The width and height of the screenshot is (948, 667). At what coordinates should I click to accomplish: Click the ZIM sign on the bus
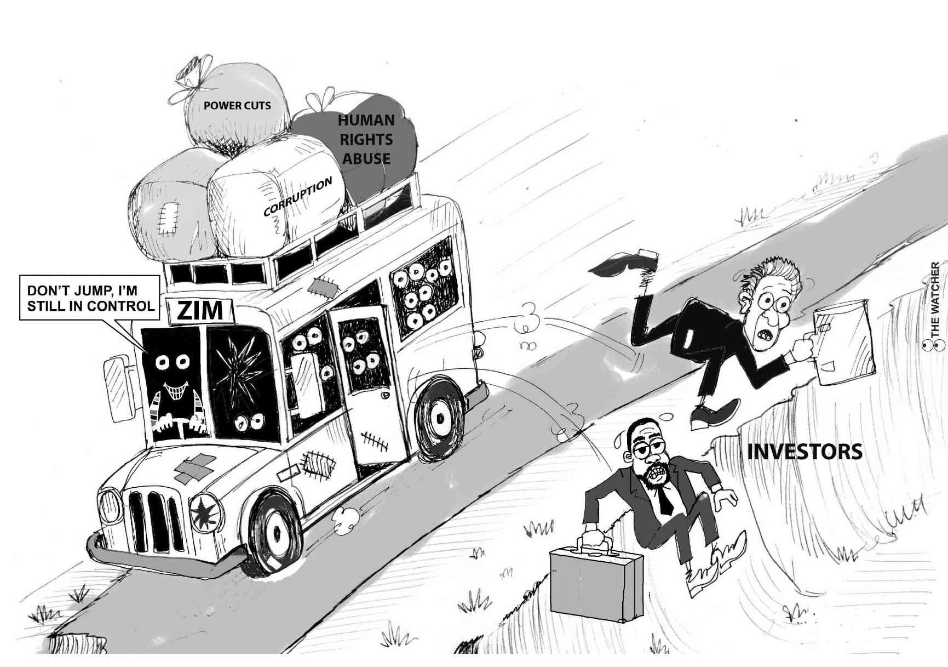[x=201, y=311]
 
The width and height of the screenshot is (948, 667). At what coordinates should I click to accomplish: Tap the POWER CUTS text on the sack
[x=237, y=105]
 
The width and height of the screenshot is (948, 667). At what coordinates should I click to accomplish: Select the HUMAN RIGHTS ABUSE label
[x=366, y=139]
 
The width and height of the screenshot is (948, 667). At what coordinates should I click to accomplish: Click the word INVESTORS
[x=805, y=452]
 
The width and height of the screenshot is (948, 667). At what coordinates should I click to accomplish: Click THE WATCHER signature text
[x=935, y=301]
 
